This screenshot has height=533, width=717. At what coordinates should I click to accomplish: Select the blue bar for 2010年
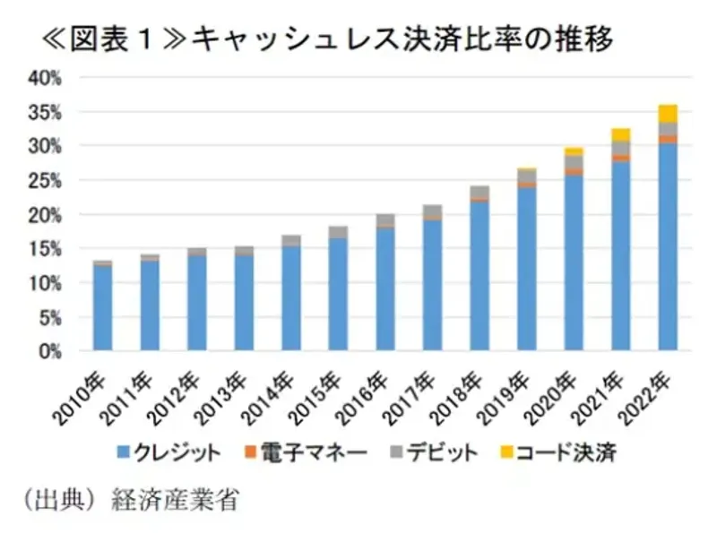tap(102, 309)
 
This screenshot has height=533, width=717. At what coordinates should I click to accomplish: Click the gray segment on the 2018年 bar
tap(479, 193)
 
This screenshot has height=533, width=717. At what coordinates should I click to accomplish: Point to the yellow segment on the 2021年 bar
tap(620, 134)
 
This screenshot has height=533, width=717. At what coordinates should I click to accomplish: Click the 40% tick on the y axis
tap(44, 78)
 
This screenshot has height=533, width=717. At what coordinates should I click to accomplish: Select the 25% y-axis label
tap(44, 181)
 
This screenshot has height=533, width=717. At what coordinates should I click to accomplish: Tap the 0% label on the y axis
tap(48, 352)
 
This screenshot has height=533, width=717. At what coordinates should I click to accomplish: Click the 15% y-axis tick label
tap(44, 250)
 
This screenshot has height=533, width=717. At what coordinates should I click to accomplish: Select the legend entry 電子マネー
tap(313, 454)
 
